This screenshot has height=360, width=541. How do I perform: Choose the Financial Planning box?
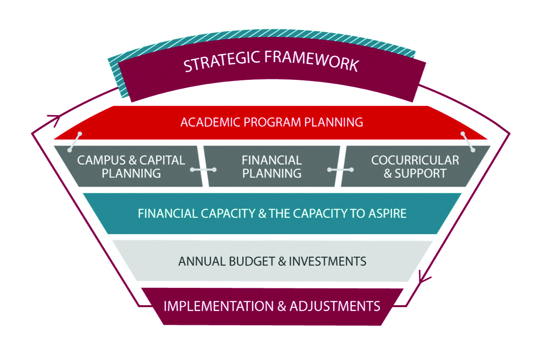(x=272, y=167)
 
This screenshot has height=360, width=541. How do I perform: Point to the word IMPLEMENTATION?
(x=218, y=306)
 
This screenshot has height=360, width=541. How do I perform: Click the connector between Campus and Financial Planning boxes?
(x=203, y=170)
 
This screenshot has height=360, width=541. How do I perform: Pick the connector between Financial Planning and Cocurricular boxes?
(x=341, y=170)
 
